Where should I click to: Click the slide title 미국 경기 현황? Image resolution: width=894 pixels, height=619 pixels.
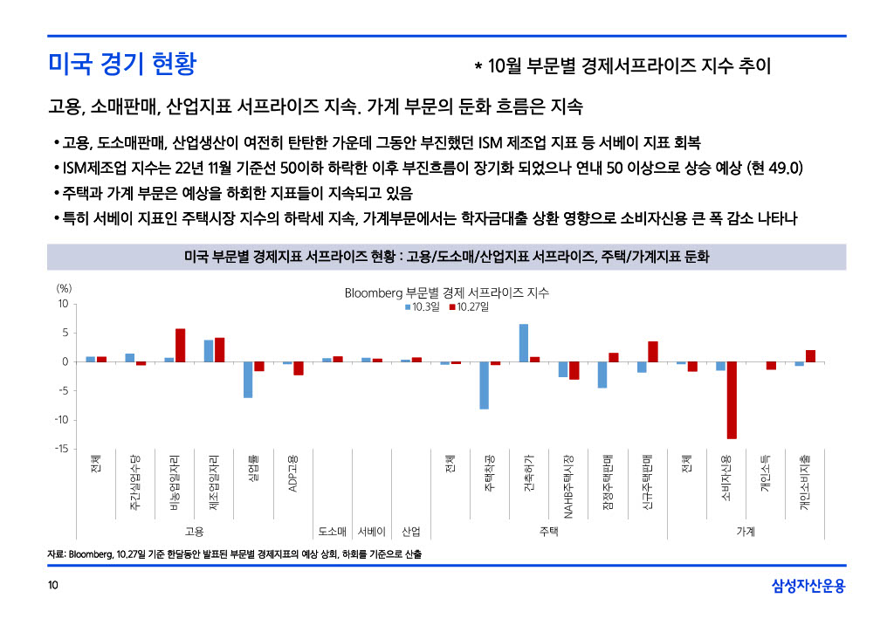point(122,64)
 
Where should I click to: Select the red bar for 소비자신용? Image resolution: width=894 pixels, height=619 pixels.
point(732,400)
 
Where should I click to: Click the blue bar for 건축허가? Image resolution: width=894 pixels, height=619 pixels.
point(524,342)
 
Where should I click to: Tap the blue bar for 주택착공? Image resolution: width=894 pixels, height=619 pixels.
point(484,385)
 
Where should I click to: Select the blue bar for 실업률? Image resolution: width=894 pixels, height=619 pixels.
point(248,380)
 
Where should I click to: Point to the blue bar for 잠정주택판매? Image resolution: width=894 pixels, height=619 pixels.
point(602,375)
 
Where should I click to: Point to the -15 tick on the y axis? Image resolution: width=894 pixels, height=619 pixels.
point(62,449)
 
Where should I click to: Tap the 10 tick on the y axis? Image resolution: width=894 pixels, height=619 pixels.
point(63,304)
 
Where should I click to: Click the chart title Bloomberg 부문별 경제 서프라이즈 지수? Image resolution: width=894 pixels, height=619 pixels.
point(446,293)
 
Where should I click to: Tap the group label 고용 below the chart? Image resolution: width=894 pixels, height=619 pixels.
point(194,531)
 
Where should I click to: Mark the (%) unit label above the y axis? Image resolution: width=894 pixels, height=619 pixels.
point(64,287)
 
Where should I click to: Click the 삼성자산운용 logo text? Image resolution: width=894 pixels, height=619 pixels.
point(808,586)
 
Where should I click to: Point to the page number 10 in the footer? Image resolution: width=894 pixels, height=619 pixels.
point(53,585)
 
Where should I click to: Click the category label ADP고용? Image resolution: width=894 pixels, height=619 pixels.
point(293,473)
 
